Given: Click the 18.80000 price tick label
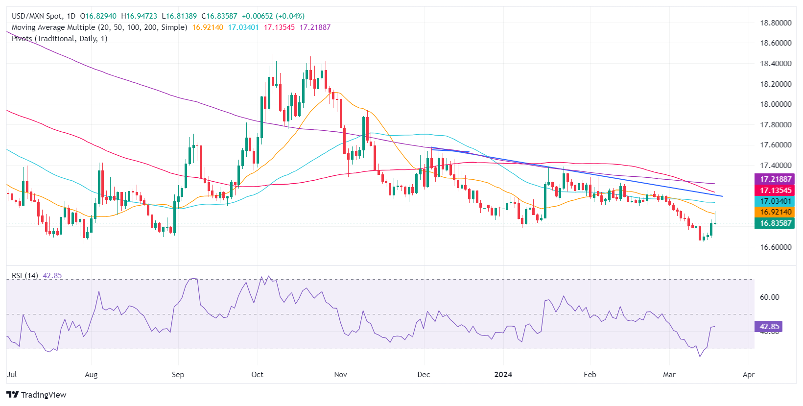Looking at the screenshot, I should coord(776,23).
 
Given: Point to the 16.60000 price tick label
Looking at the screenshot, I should coord(776,247).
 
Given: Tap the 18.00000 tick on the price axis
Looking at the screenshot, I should coord(776,104).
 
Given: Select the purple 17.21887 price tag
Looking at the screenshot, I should coord(776,179).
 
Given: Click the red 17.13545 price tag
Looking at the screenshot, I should coord(776,190).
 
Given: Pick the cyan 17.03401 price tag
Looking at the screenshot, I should coord(776,201).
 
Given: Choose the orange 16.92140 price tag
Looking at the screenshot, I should coord(776,212).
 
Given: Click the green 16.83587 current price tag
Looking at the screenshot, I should coord(776,223).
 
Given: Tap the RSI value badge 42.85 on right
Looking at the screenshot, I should coord(769,327).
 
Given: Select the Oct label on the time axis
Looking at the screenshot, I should coord(257,375).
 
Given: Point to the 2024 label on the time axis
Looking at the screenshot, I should coord(503,375).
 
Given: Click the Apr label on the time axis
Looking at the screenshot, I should coord(748,375).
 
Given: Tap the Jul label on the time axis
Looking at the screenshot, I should coord(12,375).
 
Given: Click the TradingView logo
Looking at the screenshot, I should coord(36,395).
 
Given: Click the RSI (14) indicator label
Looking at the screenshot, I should coord(25,276).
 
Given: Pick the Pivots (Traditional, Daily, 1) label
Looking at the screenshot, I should coord(59,39).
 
